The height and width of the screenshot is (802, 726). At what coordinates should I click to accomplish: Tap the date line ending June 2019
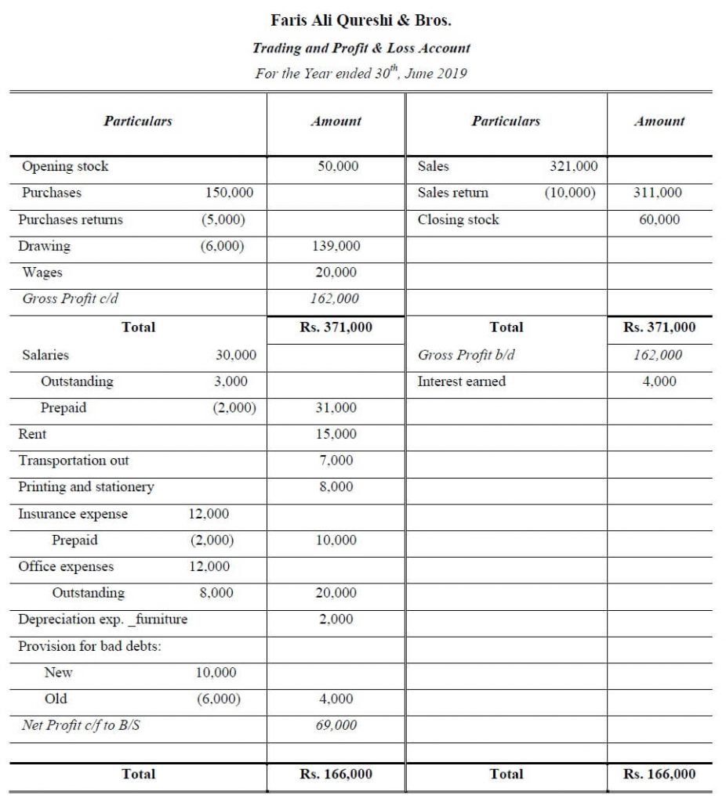click(x=361, y=74)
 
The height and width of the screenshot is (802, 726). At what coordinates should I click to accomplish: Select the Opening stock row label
click(x=65, y=166)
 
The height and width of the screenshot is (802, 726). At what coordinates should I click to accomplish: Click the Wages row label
click(x=42, y=273)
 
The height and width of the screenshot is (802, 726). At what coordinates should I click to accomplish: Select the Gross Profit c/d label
click(x=71, y=298)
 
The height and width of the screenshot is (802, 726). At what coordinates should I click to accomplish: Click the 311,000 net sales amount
click(x=659, y=193)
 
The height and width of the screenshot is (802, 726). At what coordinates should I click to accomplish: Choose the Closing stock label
click(x=458, y=219)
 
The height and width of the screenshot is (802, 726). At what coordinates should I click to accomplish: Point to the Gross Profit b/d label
click(x=466, y=355)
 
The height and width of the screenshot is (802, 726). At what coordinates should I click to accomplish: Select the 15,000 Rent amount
click(x=336, y=434)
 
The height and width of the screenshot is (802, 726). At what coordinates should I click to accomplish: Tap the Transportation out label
click(x=74, y=461)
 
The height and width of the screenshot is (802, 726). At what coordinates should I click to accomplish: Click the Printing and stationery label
click(x=86, y=487)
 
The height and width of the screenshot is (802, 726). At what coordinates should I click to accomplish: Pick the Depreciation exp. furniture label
click(x=103, y=620)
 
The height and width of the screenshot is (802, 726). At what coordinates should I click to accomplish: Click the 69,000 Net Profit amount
click(x=336, y=725)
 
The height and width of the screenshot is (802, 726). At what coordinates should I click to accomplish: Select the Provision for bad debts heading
click(x=89, y=646)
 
